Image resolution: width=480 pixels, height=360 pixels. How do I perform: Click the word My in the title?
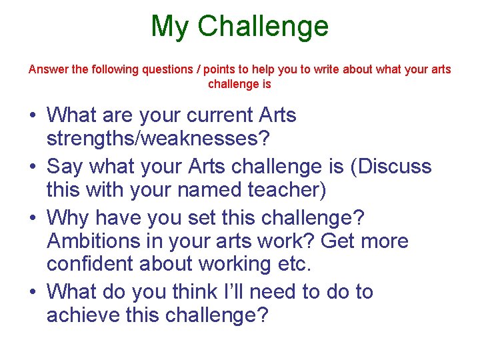pyautogui.click(x=170, y=27)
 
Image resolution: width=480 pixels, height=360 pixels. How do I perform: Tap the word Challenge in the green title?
pyautogui.click(x=263, y=27)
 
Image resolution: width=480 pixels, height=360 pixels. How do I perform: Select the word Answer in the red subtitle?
pyautogui.click(x=47, y=69)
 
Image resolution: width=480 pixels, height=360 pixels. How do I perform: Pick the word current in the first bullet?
pyautogui.click(x=217, y=115)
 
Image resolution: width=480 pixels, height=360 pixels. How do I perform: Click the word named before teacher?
pyautogui.click(x=209, y=190)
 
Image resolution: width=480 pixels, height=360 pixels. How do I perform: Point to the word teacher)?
pyautogui.click(x=287, y=190)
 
